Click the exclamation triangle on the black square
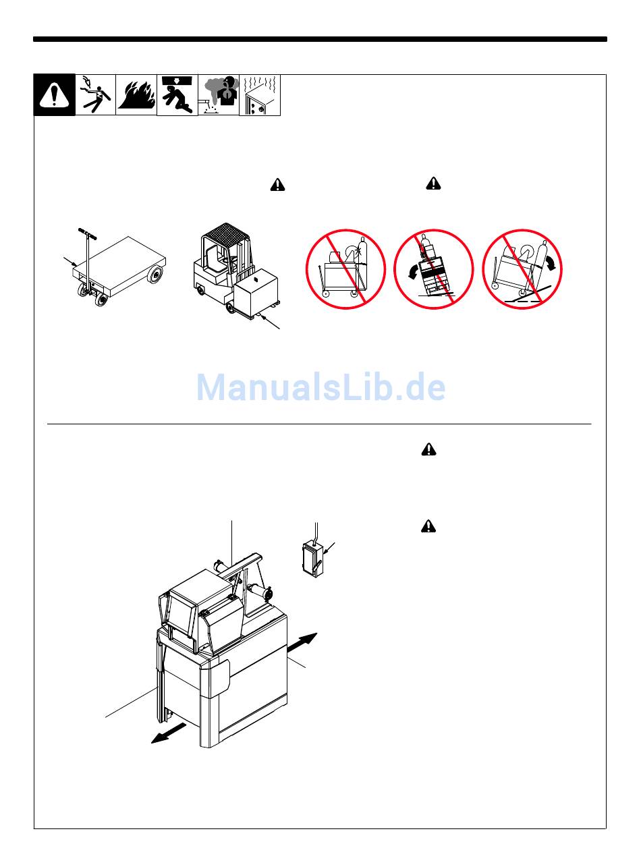(x=55, y=95)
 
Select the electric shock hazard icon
(x=95, y=95)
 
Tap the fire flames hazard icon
(x=136, y=95)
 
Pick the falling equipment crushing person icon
(x=177, y=95)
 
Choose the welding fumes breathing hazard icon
(x=219, y=95)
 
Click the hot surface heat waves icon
(x=260, y=95)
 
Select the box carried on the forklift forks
(x=256, y=289)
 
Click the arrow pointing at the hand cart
(x=70, y=261)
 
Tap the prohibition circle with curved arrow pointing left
(x=433, y=269)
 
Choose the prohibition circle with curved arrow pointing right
(x=522, y=269)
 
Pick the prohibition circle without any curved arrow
(x=345, y=269)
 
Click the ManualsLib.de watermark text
(x=320, y=387)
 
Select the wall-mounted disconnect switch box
(x=312, y=559)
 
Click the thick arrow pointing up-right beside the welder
(x=302, y=642)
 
